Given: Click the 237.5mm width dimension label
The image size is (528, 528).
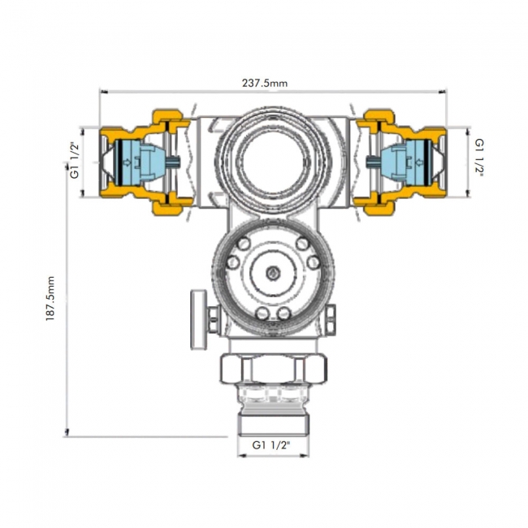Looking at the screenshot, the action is [x=265, y=83].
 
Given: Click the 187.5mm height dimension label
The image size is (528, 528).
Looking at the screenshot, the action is [x=50, y=298].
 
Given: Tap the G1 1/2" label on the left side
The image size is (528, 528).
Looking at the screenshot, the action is [x=75, y=161].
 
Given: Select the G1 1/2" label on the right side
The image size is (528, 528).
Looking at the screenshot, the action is [x=479, y=158].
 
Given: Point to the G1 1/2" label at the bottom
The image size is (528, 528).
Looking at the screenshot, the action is [x=271, y=445].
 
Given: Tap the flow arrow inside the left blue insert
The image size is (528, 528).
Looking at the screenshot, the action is [x=128, y=162].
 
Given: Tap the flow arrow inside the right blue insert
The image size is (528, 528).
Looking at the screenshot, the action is [x=419, y=162].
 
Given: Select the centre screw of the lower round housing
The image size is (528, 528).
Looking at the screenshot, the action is [x=273, y=272].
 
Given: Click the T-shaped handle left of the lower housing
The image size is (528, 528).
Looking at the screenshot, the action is [x=199, y=319].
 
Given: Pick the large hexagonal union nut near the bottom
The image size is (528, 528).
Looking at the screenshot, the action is [x=273, y=369].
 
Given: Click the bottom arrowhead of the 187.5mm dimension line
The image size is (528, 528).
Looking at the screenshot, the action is [x=67, y=432].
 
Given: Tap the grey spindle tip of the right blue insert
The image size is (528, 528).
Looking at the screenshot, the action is [x=372, y=162].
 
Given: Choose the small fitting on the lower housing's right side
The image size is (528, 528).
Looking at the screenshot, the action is [x=331, y=321].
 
